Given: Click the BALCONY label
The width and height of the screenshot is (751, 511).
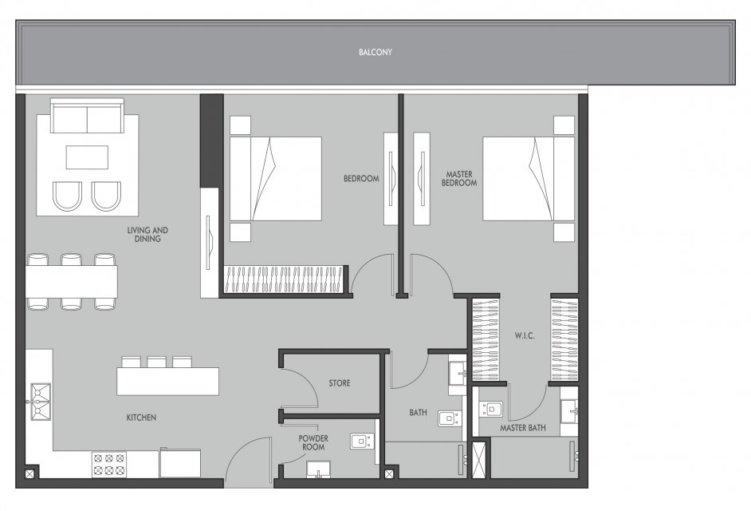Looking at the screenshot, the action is (x=375, y=52).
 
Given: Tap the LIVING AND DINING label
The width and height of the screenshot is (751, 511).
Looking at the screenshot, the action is (x=147, y=234).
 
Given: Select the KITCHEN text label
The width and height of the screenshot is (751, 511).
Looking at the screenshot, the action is (x=141, y=418).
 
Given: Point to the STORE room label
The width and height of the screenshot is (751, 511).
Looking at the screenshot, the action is (x=339, y=383).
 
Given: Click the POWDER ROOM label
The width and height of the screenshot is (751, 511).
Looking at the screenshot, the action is (x=313, y=442).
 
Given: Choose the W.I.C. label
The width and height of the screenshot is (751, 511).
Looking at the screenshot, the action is (x=525, y=335).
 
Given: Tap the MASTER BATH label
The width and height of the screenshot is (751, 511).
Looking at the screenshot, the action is (x=522, y=427).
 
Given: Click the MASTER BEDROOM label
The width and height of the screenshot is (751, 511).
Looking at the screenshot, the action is (x=459, y=179).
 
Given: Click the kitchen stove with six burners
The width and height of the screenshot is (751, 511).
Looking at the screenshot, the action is (x=108, y=465).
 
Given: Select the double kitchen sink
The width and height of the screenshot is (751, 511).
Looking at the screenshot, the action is (x=40, y=402).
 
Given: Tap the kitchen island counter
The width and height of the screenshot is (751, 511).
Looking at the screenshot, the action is (x=167, y=382).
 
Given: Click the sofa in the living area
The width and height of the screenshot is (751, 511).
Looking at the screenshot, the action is (x=87, y=116).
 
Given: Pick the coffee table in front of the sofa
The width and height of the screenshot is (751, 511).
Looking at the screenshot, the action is (x=87, y=157).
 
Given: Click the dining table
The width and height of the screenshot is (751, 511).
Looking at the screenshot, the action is (x=72, y=282).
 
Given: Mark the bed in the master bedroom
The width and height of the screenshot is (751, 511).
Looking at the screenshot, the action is (x=529, y=179).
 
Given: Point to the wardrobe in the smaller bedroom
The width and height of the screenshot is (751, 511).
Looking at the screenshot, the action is (x=284, y=279).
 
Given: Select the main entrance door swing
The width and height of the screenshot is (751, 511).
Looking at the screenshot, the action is (x=248, y=460).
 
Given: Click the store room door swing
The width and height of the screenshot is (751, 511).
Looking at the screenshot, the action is (x=299, y=388).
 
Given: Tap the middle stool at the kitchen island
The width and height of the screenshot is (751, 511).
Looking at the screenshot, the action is (x=156, y=362).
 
